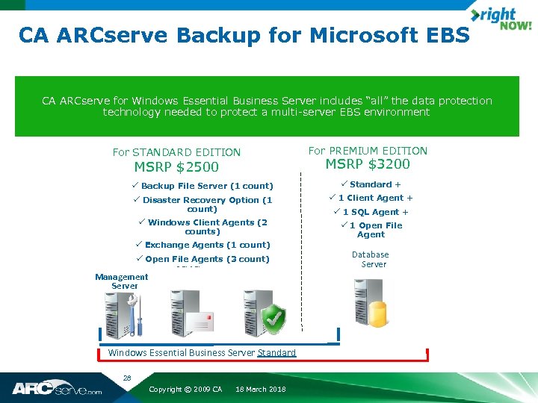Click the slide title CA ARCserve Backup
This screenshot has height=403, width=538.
(x=244, y=35)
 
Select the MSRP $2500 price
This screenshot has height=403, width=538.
(x=176, y=167)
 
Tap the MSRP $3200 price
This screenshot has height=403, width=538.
(x=368, y=164)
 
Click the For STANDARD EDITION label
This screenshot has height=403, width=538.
(x=176, y=152)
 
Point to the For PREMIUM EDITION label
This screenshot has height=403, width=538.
(x=368, y=151)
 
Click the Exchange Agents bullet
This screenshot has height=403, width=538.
(x=202, y=245)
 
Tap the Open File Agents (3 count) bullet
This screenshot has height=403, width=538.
(x=202, y=259)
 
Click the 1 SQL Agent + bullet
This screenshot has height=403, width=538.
(x=374, y=212)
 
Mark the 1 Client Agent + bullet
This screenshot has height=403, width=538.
(x=371, y=198)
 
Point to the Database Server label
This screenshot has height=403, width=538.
(x=371, y=260)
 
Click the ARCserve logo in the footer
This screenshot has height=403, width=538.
(x=56, y=389)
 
